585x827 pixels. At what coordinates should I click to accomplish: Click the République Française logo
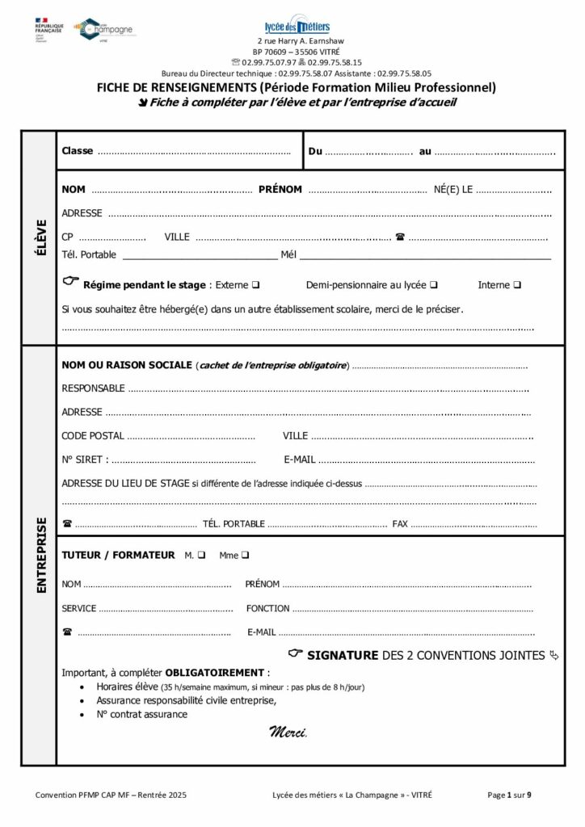click(x=49, y=30)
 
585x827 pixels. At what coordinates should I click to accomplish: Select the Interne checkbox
click(x=517, y=285)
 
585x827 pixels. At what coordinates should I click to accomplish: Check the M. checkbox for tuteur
click(x=201, y=555)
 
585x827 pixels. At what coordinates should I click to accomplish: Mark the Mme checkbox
click(x=245, y=555)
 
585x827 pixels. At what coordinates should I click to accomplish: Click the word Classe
click(x=78, y=151)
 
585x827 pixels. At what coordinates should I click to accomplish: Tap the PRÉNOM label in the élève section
click(x=280, y=190)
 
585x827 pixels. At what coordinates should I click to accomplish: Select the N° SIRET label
click(x=84, y=460)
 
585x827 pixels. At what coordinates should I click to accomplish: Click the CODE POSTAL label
click(x=93, y=436)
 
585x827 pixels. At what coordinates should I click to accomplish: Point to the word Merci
click(x=288, y=732)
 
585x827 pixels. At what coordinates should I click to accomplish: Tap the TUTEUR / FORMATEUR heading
click(x=118, y=555)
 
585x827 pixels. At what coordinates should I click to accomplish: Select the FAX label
click(x=400, y=524)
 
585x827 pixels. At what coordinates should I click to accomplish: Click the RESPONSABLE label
click(x=93, y=388)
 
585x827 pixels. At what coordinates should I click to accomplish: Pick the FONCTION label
click(x=267, y=608)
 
